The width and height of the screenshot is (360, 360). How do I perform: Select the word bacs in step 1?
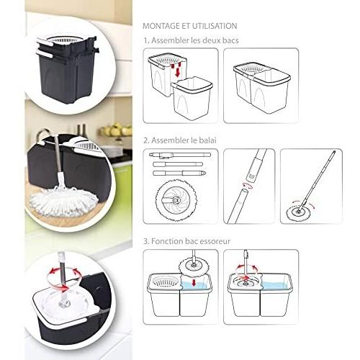click(230, 40)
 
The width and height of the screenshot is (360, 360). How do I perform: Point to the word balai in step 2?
click(207, 140)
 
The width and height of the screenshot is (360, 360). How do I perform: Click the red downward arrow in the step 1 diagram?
click(177, 72)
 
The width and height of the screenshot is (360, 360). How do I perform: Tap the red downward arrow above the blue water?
click(194, 282)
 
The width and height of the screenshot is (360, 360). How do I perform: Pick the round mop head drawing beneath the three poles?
click(176, 198)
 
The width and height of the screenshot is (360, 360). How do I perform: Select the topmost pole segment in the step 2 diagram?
click(180, 155)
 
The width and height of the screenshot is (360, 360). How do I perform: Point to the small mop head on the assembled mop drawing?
click(297, 211)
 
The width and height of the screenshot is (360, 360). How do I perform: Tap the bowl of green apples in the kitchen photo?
click(117, 130)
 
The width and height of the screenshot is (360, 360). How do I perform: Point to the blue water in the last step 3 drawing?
click(276, 285)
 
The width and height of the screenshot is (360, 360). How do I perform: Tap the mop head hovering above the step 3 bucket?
click(194, 265)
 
